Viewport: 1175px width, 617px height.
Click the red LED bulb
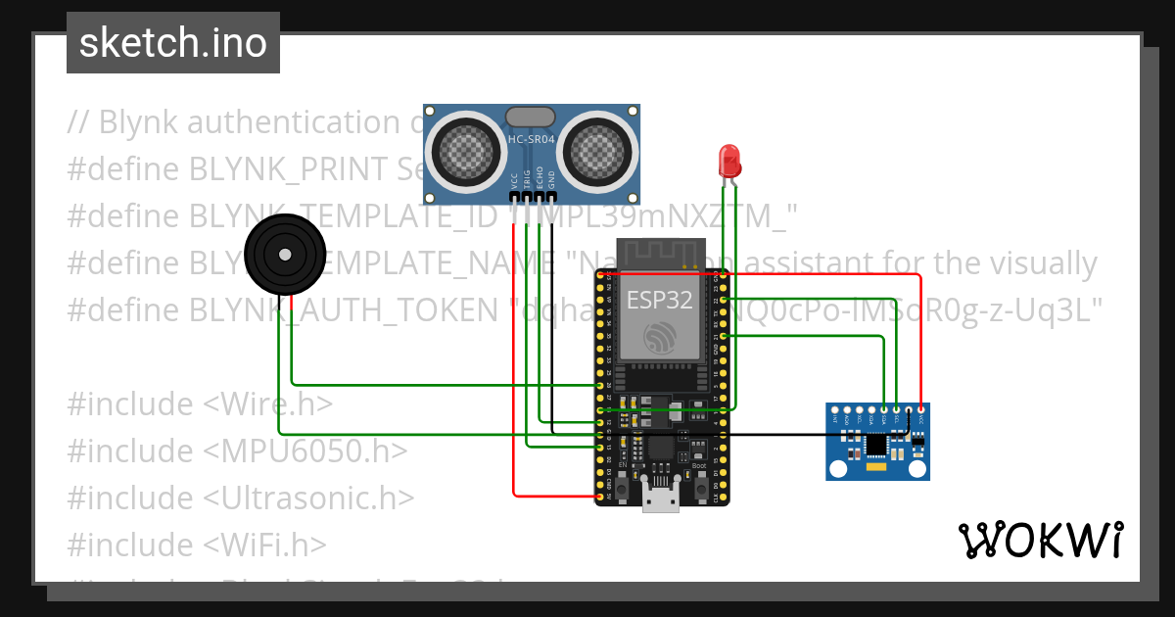pyautogui.click(x=729, y=159)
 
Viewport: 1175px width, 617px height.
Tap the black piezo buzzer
pyautogui.click(x=285, y=256)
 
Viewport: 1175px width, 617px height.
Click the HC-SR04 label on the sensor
pyautogui.click(x=532, y=140)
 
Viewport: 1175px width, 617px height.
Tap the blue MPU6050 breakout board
pyautogui.click(x=877, y=442)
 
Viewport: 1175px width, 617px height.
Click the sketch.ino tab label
pyautogui.click(x=173, y=43)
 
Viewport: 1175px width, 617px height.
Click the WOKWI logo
pyautogui.click(x=1040, y=540)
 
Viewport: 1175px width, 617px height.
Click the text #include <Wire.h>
pyautogui.click(x=200, y=403)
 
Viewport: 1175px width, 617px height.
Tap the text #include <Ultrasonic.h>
pyautogui.click(x=241, y=498)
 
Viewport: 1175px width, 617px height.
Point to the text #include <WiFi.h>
pyautogui.click(x=197, y=544)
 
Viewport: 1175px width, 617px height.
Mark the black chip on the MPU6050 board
pyautogui.click(x=876, y=446)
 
